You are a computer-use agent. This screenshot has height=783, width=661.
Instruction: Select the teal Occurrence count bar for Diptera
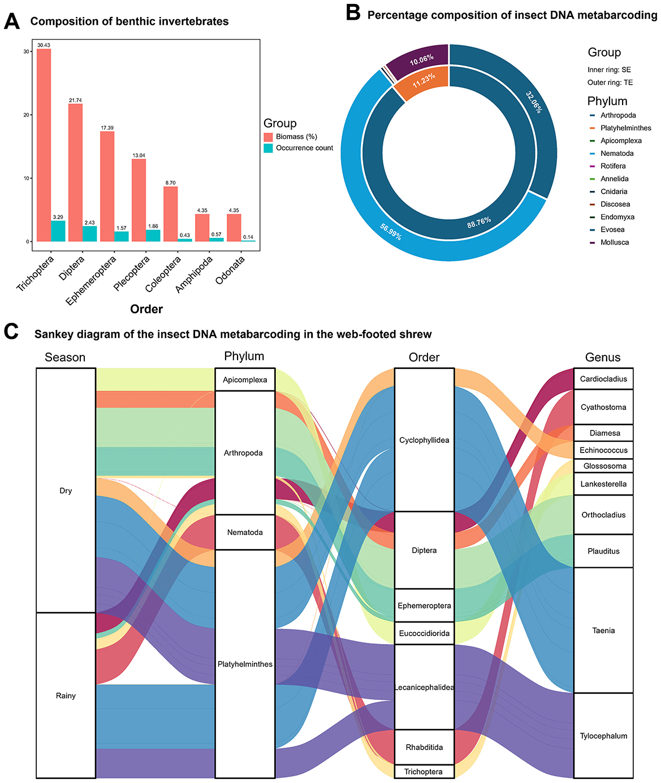[x=89, y=234]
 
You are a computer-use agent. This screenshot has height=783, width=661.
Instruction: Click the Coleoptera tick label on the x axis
[x=163, y=274]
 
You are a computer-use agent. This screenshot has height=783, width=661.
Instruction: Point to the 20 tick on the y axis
[x=27, y=115]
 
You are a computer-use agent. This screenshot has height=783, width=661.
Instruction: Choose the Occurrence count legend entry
[x=304, y=148]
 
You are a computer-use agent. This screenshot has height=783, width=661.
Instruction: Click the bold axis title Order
[x=146, y=309]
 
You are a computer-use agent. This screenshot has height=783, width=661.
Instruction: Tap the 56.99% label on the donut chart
[x=391, y=232]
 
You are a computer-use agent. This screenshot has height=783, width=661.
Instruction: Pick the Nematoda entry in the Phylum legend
[x=617, y=154]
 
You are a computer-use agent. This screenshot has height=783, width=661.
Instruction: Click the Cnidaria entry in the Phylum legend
[x=614, y=192]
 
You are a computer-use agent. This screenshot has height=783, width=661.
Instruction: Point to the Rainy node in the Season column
[x=66, y=695]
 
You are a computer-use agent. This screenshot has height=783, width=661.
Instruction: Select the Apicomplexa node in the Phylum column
[x=245, y=380]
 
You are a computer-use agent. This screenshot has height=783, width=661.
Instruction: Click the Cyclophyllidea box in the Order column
[x=424, y=440]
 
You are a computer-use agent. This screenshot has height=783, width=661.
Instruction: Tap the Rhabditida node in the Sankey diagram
[x=424, y=747]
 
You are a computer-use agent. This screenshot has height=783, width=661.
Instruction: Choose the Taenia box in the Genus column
[x=603, y=630]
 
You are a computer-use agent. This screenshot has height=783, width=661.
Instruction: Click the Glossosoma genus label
[x=603, y=466]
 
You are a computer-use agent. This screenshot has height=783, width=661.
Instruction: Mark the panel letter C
[x=12, y=332]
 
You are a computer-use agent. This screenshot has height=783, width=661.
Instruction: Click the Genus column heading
[x=603, y=358]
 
